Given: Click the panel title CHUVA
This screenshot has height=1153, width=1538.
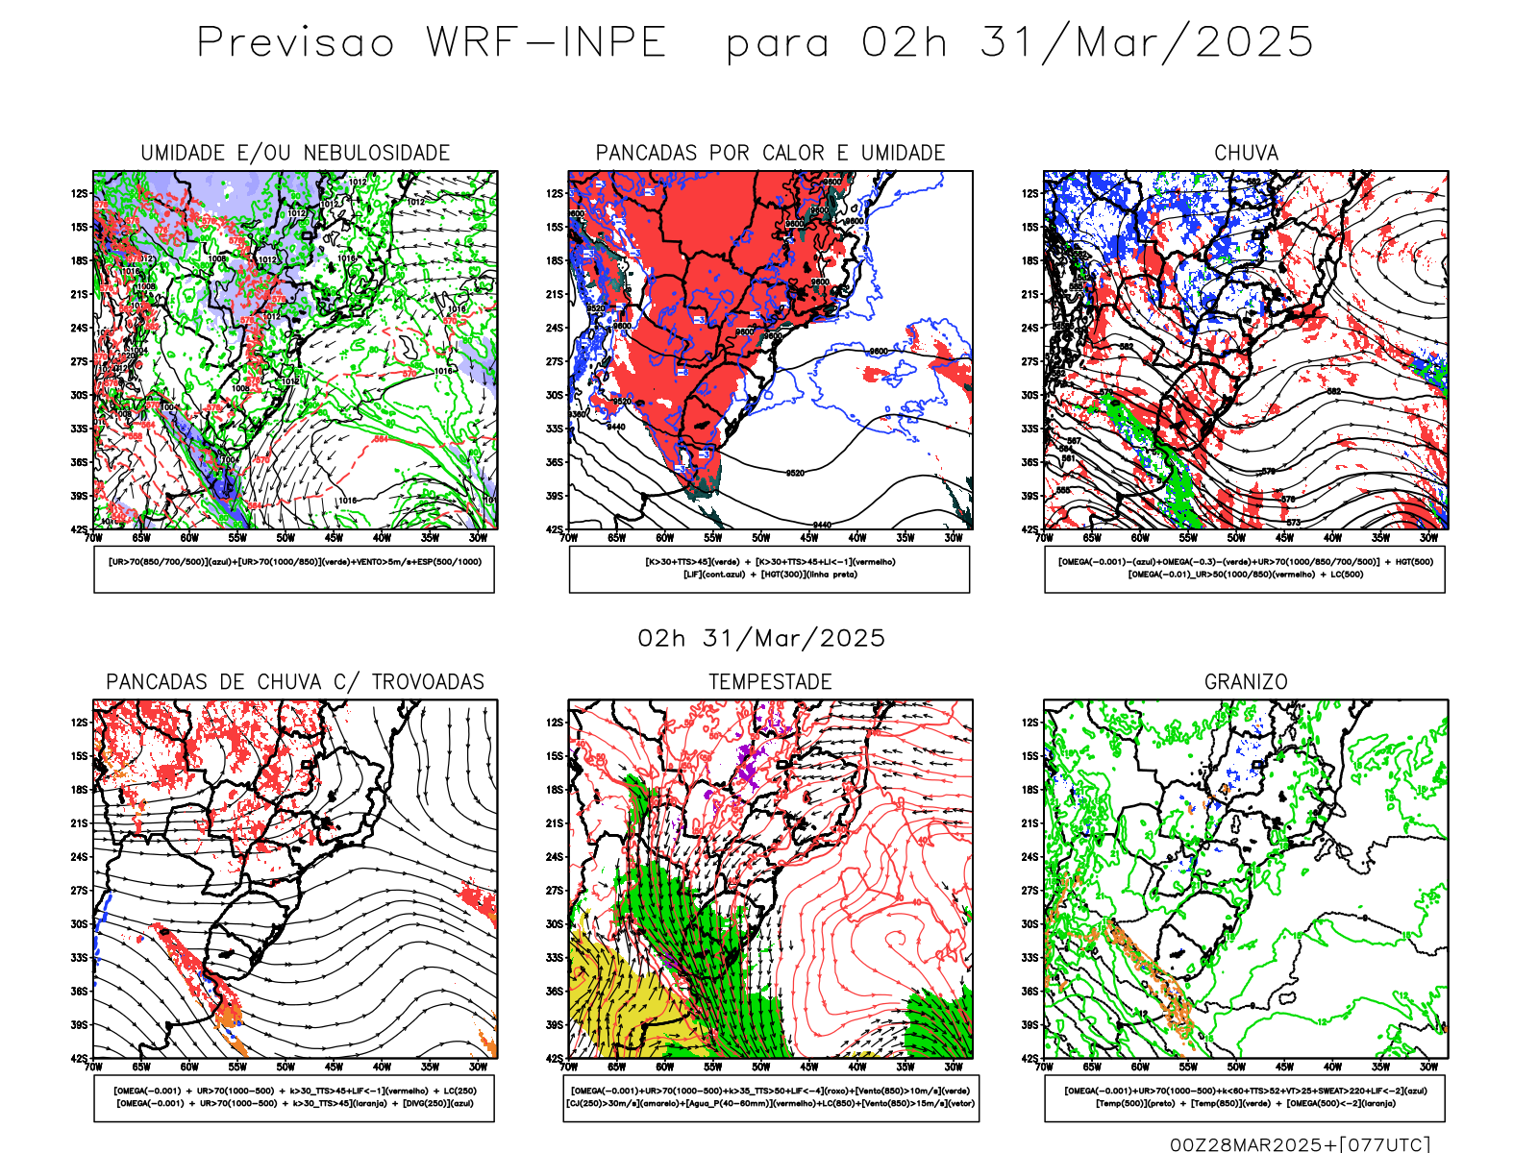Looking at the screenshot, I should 1246,153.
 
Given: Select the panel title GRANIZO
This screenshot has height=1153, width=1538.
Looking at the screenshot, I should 1246,682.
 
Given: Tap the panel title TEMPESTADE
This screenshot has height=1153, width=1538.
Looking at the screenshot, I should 770,682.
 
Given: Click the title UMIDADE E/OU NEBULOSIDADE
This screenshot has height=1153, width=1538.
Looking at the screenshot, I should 295,153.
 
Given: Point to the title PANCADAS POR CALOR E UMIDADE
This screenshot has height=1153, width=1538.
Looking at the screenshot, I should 770,153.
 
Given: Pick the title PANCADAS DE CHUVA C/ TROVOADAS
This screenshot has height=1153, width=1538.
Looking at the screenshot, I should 295,682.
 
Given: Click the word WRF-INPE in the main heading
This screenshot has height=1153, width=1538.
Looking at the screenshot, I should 546,43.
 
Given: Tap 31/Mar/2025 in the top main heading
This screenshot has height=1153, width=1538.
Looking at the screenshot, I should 1146,43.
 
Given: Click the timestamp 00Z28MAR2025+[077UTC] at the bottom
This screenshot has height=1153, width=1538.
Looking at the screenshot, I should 1300,1144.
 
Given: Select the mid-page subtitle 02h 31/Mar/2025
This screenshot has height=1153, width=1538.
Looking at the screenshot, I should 761,639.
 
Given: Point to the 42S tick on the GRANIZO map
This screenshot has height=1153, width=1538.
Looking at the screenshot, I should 1029,1059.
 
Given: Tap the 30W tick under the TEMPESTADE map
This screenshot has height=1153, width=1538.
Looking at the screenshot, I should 953,1067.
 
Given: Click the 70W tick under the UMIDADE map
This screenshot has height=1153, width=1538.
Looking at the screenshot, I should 93,538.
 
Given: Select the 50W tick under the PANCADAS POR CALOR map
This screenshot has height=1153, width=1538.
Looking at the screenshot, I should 761,538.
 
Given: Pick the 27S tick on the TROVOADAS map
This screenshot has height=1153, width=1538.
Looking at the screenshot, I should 79,891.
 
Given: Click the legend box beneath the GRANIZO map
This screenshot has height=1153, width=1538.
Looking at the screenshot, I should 1245,1097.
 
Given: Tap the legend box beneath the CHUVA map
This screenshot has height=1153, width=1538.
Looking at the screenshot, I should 1245,569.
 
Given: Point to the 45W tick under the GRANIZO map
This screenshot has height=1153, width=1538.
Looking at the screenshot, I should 1284,1067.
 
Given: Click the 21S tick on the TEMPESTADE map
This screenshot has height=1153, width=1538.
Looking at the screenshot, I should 555,823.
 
